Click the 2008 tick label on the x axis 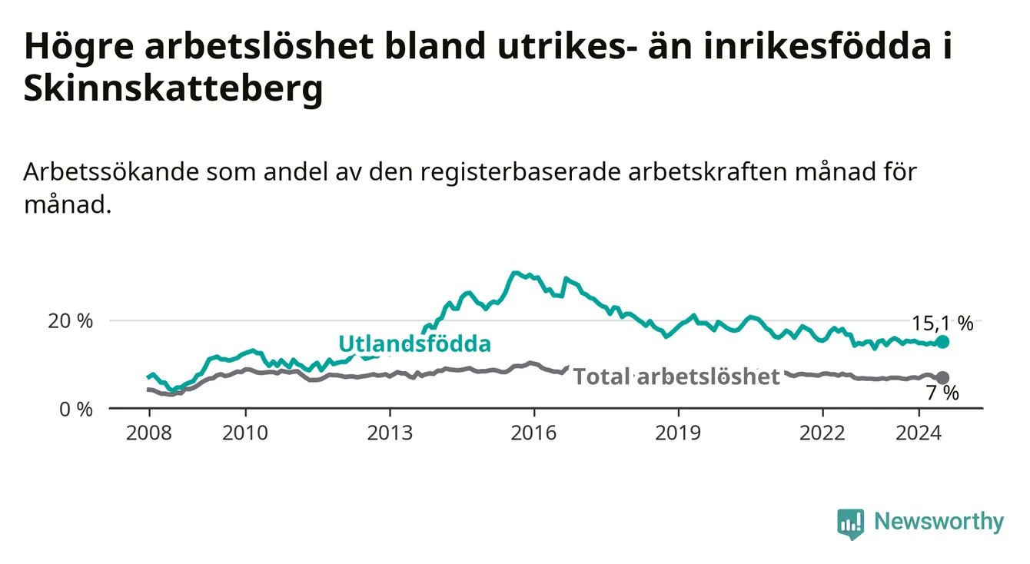[x=148, y=433]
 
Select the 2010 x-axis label [x=245, y=433]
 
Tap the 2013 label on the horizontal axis [x=390, y=433]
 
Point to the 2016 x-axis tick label [x=534, y=433]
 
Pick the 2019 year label [x=678, y=433]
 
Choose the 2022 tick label [x=822, y=433]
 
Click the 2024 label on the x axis [x=919, y=433]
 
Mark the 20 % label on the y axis [x=71, y=321]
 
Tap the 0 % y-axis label [x=76, y=409]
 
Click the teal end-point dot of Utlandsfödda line [x=942, y=342]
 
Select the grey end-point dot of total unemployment [x=942, y=378]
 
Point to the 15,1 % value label [x=942, y=323]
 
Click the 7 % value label [x=942, y=393]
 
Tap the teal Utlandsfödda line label [x=415, y=343]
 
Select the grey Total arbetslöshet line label [x=677, y=377]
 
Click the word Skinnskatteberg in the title [x=174, y=88]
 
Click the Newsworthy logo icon [x=851, y=524]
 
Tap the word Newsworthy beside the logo [x=939, y=522]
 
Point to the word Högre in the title [x=78, y=48]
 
